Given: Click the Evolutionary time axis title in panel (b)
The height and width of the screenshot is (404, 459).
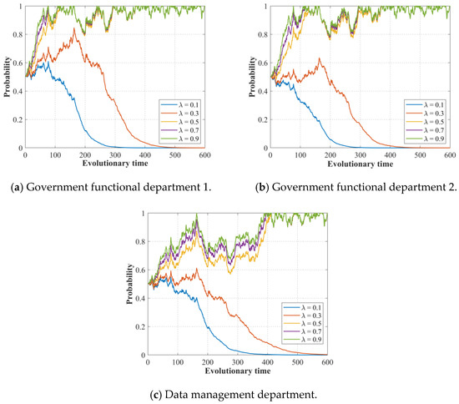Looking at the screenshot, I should (358, 164).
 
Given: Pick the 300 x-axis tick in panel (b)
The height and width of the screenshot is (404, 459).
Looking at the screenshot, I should (359, 155).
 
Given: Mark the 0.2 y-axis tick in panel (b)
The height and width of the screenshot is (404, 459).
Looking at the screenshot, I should (262, 119).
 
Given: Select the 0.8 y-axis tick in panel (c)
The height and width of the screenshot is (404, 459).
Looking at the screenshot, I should (139, 241).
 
